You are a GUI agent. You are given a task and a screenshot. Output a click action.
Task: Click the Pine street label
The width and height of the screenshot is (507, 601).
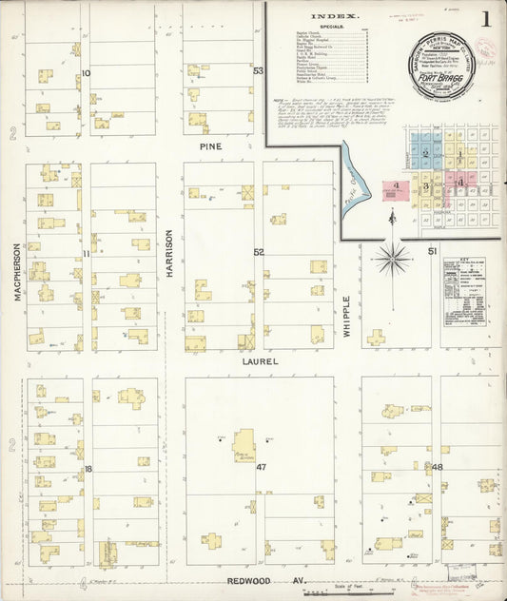coord(210,147)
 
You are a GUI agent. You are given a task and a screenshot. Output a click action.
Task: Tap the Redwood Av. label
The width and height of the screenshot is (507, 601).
coord(256,579)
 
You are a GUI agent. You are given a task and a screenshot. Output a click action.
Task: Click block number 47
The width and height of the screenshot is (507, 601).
coord(261,468)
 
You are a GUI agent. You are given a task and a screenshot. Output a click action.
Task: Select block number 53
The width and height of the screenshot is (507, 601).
coord(258,71)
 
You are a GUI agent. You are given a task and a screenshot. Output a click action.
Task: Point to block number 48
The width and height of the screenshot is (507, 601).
coord(437,468)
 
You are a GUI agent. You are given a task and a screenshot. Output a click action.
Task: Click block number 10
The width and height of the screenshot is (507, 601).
coord(86,73)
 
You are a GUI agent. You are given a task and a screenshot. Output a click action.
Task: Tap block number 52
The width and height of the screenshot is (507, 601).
coord(258,252)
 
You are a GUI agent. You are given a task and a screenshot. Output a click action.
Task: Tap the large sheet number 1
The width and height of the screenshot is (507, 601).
coord(486,18)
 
